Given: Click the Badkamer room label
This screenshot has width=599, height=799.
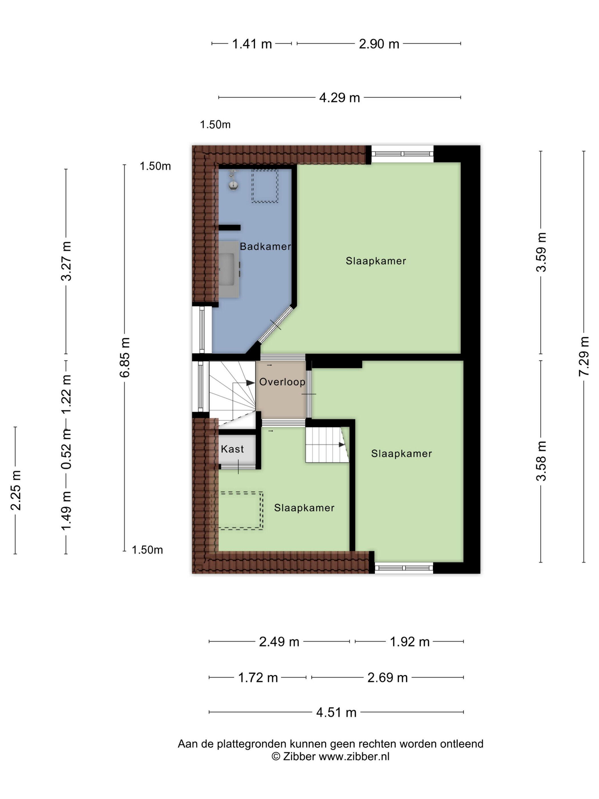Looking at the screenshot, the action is pos(265,246).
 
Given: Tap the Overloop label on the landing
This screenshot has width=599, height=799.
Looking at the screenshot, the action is pos(282,382).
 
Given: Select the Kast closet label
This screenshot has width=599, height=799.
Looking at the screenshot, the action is pos(232,449).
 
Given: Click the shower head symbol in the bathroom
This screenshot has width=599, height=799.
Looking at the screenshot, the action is pos(234,179).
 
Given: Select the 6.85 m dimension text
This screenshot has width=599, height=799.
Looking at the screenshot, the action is pos(124,357).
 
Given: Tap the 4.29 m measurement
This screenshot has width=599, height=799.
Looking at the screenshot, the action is pos(339,98).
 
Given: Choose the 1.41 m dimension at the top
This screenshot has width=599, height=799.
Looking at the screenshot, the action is pos(252,44).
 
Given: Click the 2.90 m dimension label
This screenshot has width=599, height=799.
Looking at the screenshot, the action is pos(379,44).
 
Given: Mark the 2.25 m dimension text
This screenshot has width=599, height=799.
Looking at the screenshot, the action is pos(15,491).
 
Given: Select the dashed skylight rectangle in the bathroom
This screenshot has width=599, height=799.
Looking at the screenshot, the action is pos(265,186).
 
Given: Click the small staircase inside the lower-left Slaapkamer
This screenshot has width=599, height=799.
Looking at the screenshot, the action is pos(327,445).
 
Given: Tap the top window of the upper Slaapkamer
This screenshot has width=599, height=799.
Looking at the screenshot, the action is pos(402,154).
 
